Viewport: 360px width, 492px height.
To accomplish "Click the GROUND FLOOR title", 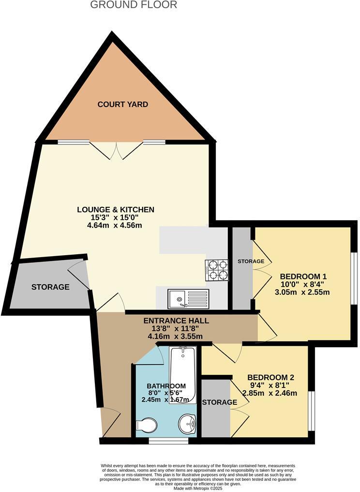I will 134,5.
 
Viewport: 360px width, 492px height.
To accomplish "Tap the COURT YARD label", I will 122,104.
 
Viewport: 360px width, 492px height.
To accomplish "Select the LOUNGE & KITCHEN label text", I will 116,210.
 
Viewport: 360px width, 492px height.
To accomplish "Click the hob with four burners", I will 216,270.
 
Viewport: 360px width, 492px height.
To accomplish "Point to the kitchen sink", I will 188,299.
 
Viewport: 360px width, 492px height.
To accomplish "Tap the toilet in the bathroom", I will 147,425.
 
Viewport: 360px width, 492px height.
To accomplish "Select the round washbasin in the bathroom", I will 188,424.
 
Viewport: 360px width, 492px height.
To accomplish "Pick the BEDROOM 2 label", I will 270,377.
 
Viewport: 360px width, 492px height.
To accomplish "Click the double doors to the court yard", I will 117,150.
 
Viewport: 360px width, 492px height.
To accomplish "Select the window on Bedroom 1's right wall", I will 354,278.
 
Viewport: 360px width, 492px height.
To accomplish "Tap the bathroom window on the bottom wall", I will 168,441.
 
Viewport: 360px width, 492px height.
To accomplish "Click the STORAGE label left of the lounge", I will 50,287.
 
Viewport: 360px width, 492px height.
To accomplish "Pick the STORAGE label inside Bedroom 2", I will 219,402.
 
